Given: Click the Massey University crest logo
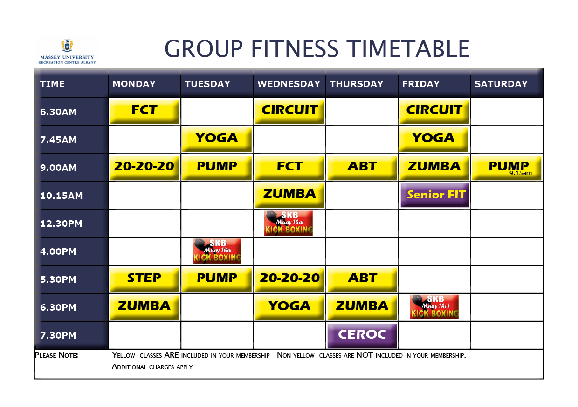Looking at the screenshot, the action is [x=67, y=46].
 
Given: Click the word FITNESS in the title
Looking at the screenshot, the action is [x=295, y=49].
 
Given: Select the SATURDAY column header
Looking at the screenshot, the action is [x=501, y=84].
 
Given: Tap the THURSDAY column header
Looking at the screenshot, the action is [x=357, y=84].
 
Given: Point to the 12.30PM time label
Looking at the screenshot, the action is [x=61, y=224].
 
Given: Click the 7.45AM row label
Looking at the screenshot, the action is [x=58, y=140].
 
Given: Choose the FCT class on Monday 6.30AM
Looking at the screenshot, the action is [x=144, y=111].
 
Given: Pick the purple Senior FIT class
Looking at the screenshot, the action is [x=435, y=195].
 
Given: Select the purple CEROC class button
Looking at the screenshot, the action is [x=362, y=335].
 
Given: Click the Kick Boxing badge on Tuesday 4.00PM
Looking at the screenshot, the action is [x=217, y=251].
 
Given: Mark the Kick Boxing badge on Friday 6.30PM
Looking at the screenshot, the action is [x=434, y=307].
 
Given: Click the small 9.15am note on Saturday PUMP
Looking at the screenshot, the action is [x=521, y=173].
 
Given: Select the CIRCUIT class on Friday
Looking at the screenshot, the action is [x=434, y=111].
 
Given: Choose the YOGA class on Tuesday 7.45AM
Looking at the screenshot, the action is [x=217, y=139].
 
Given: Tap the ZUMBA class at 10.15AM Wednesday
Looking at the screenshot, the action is [x=289, y=195].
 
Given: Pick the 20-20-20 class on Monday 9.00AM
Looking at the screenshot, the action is [x=144, y=168].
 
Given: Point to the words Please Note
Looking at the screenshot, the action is [x=56, y=355].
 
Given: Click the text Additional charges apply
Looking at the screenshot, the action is [x=152, y=367].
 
